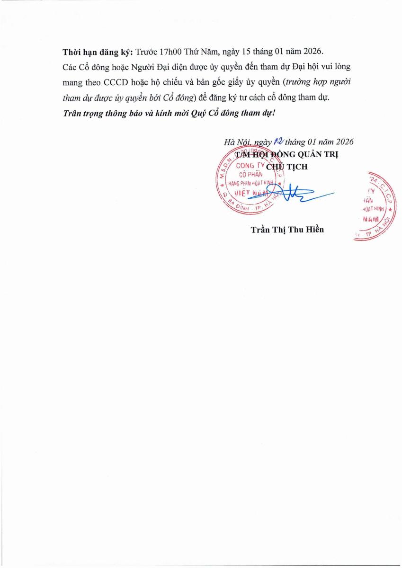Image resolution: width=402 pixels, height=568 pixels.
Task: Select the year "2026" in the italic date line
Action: pyautogui.click(x=343, y=142)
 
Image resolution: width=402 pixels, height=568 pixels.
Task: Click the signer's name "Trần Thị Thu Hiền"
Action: pyautogui.click(x=287, y=230)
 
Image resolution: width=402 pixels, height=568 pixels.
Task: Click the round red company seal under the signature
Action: pyautogui.click(x=251, y=181)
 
